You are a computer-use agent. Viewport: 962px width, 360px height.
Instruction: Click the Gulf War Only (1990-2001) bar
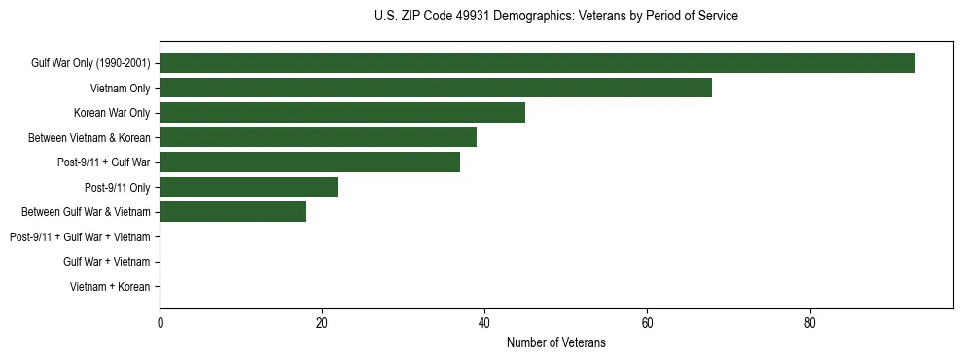click(537, 63)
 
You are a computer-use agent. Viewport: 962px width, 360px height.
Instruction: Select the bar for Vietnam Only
click(436, 88)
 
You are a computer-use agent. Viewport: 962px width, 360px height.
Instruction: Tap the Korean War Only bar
click(342, 113)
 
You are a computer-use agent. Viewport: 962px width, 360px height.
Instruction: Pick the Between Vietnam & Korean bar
click(318, 137)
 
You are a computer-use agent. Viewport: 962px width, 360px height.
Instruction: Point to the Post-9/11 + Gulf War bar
click(309, 162)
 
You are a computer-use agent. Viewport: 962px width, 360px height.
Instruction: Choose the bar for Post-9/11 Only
click(249, 187)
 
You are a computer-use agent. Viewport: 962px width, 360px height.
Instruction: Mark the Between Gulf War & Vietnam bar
click(232, 212)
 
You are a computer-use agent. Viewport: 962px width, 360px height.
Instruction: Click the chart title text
click(555, 17)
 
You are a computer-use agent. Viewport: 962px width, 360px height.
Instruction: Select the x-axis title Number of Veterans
click(555, 342)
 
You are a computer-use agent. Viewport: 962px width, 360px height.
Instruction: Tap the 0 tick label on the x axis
click(160, 323)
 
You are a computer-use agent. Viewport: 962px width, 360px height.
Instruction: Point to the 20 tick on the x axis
click(322, 323)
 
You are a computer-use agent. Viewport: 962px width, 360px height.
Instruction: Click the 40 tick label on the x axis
click(484, 323)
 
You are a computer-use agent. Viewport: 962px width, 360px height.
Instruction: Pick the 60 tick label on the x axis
click(647, 323)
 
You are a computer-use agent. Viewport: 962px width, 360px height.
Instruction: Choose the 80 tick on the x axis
click(809, 323)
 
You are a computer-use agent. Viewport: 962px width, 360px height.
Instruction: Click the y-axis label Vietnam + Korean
click(110, 287)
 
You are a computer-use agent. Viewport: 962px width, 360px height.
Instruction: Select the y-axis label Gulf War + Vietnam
click(106, 262)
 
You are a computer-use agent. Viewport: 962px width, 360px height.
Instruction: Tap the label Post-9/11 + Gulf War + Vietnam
click(80, 237)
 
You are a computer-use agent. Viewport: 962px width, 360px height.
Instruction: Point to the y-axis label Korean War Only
click(112, 113)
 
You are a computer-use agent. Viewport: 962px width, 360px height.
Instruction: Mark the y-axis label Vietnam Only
click(121, 89)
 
